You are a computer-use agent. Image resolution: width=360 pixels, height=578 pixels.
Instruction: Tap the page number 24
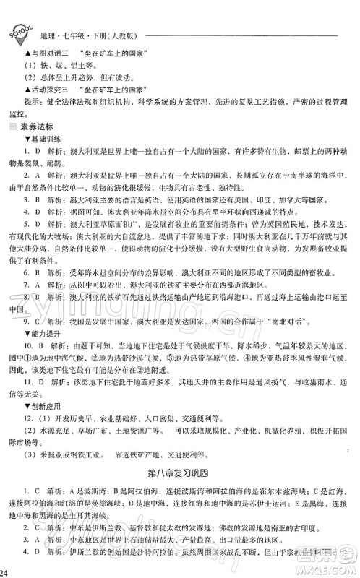coord(6,572)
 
